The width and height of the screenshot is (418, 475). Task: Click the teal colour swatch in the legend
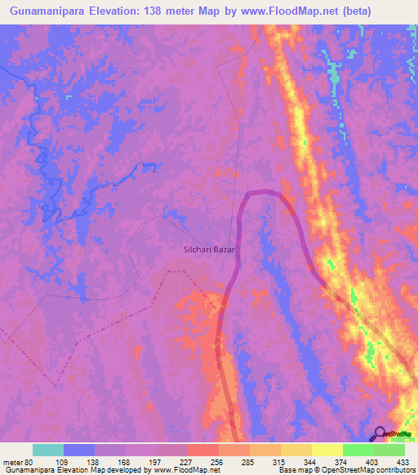point(48,450)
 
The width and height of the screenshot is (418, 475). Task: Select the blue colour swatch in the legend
point(79,450)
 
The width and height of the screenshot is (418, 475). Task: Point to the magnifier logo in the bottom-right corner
point(380,434)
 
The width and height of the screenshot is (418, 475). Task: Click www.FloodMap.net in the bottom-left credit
point(180,470)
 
